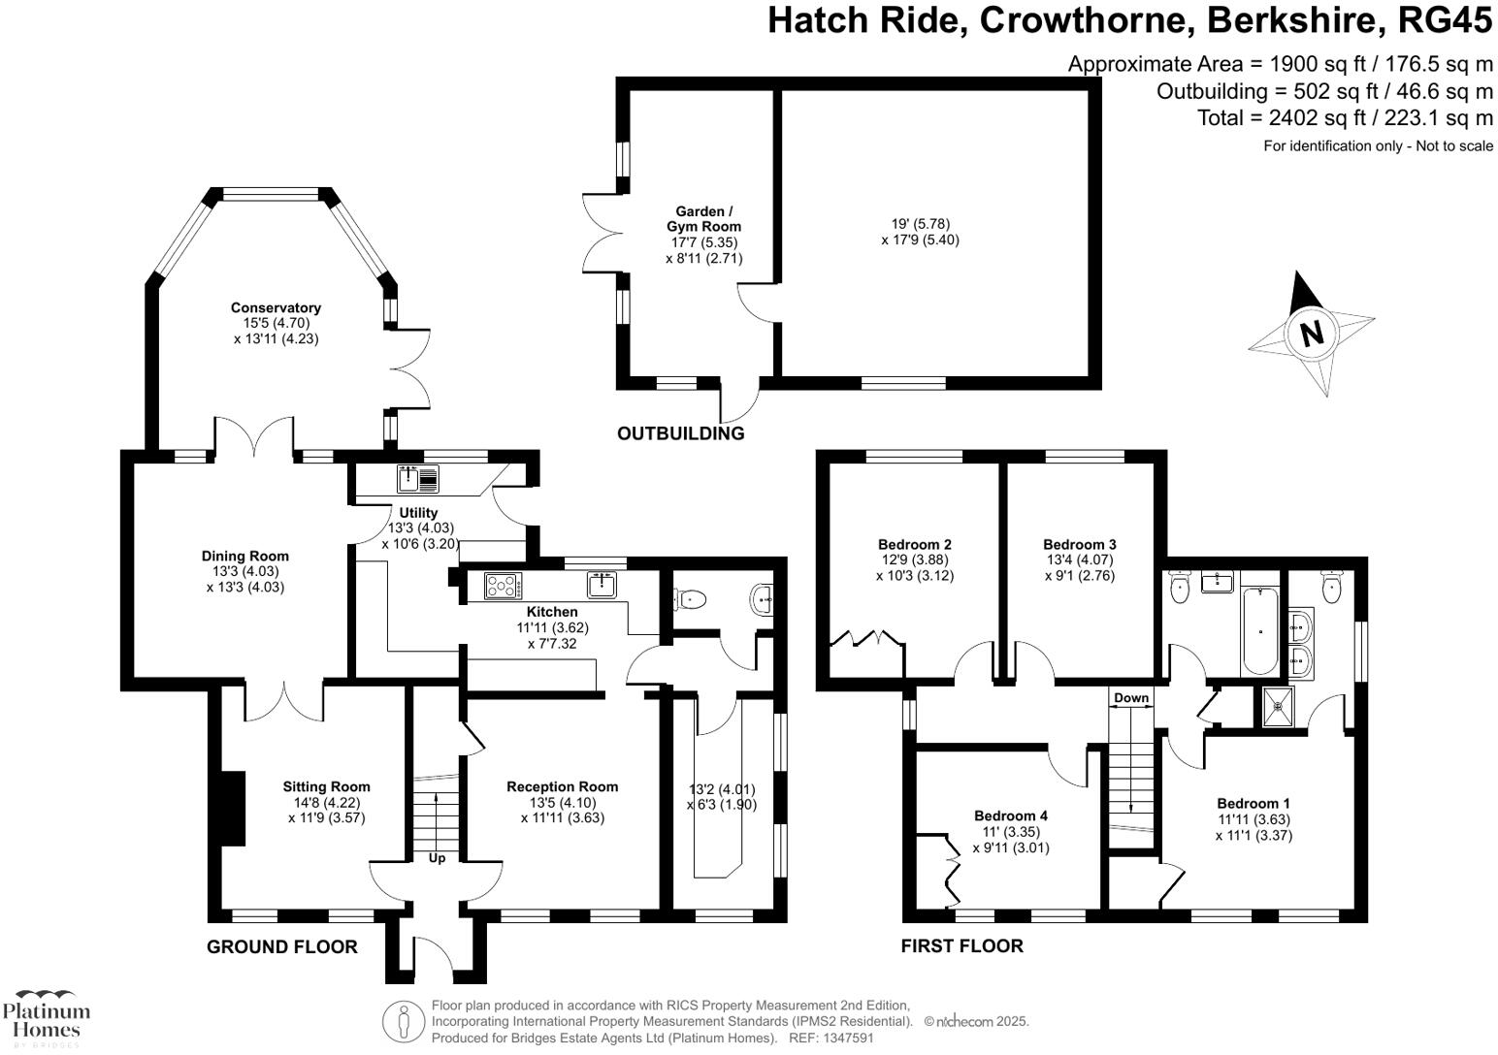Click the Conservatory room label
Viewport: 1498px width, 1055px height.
click(276, 307)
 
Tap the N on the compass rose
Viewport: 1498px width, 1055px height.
click(1312, 334)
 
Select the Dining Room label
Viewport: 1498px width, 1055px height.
click(244, 556)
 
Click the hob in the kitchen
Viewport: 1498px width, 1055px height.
click(502, 586)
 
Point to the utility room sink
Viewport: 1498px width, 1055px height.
click(418, 478)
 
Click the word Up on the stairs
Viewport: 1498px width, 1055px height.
click(437, 858)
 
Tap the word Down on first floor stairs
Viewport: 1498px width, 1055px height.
click(1130, 698)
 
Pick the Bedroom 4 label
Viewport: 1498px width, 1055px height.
click(1010, 816)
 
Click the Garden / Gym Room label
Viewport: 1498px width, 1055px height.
click(703, 219)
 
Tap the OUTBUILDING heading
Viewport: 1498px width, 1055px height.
click(680, 433)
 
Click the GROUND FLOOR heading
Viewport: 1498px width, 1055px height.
click(281, 946)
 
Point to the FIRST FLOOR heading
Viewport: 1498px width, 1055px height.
click(961, 946)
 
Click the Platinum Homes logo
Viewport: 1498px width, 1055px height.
click(46, 1017)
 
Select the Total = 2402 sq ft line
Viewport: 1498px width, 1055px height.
click(1345, 118)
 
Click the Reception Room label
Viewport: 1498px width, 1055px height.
click(562, 786)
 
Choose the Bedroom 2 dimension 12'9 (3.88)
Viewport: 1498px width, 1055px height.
click(913, 559)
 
